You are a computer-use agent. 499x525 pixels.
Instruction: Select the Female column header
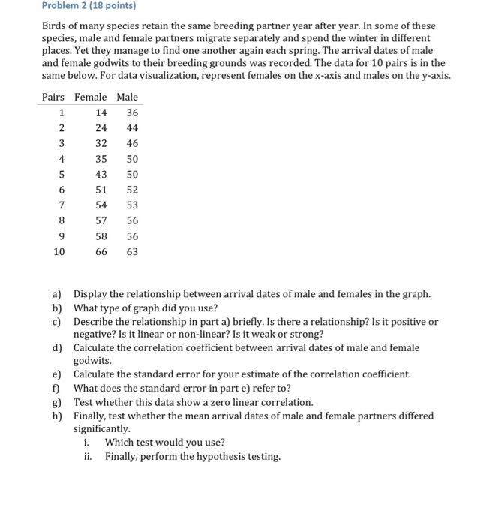pyautogui.click(x=90, y=97)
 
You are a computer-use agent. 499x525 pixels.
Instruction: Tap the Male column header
pyautogui.click(x=128, y=97)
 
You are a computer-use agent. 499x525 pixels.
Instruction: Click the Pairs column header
pyautogui.click(x=53, y=97)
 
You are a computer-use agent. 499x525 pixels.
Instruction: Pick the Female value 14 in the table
pyautogui.click(x=101, y=112)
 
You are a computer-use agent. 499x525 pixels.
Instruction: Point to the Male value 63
pyautogui.click(x=132, y=252)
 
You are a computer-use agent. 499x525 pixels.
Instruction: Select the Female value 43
pyautogui.click(x=101, y=175)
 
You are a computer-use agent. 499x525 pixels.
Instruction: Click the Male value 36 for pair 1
pyautogui.click(x=132, y=112)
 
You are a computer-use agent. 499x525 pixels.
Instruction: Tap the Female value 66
pyautogui.click(x=101, y=252)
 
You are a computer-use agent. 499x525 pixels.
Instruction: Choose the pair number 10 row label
pyautogui.click(x=59, y=252)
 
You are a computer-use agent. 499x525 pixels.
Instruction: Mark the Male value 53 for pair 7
pyautogui.click(x=132, y=205)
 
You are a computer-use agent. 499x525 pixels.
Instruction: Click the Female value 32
pyautogui.click(x=101, y=143)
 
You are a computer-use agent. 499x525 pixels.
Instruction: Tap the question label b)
pyautogui.click(x=57, y=307)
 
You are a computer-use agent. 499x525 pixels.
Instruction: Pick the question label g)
pyautogui.click(x=57, y=402)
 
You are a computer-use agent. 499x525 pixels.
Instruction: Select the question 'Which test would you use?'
pyautogui.click(x=164, y=442)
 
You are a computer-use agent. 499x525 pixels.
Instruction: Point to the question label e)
pyautogui.click(x=57, y=374)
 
